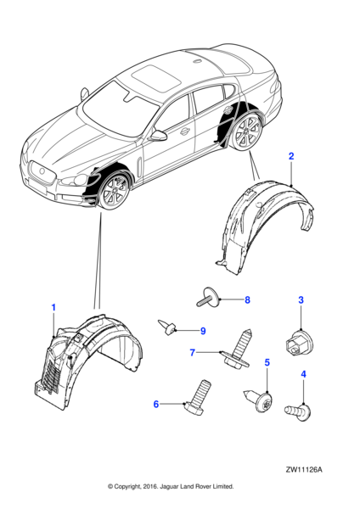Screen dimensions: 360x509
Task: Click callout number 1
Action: [54, 307]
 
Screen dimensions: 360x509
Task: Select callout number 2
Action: [291, 156]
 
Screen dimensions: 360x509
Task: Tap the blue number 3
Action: [301, 300]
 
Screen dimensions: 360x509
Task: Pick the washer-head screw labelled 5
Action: [259, 400]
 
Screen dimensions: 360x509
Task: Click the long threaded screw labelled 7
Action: [239, 350]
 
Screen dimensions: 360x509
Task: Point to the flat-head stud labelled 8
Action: [209, 297]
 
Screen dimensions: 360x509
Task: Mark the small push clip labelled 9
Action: [167, 327]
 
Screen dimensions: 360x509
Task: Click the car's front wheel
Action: [114, 192]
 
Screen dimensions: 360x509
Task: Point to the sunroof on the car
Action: [156, 79]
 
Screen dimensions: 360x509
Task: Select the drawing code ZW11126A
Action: [304, 470]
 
